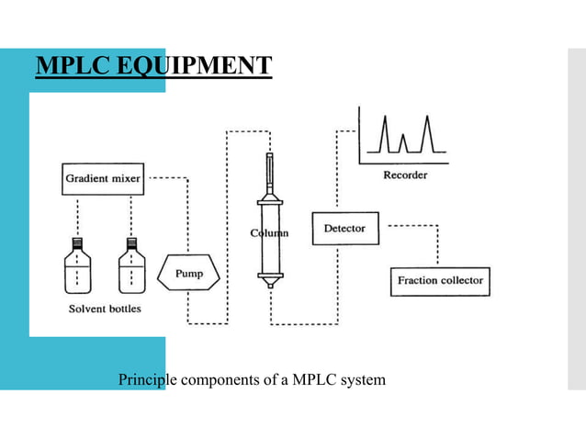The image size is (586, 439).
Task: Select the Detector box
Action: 344,228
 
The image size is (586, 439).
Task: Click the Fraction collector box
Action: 440,280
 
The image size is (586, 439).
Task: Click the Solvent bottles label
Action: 106,309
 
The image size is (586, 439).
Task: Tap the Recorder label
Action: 404,174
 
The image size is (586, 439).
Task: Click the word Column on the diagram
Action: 269,233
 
